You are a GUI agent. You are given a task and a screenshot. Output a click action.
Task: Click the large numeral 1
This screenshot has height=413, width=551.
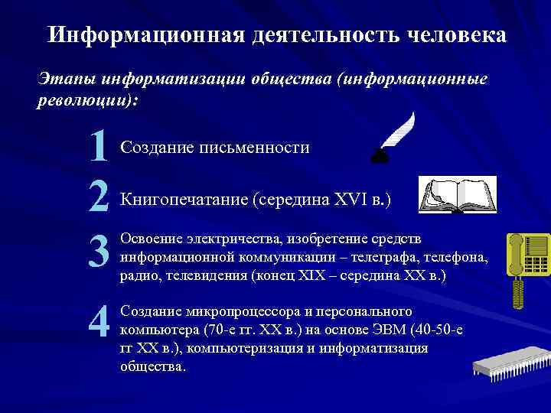pos(97,147)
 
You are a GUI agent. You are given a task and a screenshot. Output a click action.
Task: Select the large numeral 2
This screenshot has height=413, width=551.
pos(98,198)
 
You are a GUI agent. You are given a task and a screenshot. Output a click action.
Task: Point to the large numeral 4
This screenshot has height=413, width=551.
pos(99,324)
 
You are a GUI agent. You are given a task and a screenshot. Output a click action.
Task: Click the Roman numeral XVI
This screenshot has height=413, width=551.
pos(350,200)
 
